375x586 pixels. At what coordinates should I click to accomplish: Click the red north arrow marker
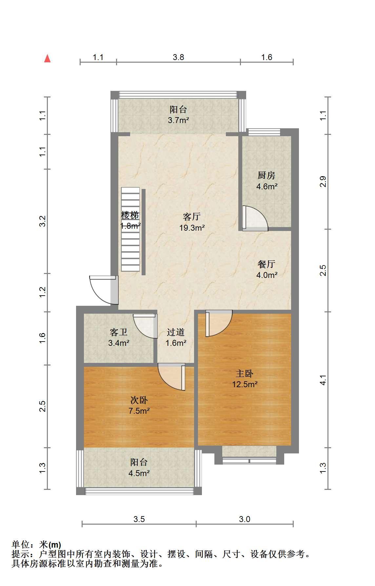pos(48,58)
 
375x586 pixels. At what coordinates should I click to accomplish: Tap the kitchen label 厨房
pos(266,176)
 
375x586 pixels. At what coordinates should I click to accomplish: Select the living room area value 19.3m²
pos(192,227)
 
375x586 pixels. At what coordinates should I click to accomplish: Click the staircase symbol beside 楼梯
pos(131,229)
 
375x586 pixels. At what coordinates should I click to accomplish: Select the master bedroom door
pos(219,323)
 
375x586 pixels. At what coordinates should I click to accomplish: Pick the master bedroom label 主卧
pos(245,373)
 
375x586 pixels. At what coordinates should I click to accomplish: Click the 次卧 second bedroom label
pos(139,400)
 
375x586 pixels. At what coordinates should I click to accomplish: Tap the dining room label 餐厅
pos(266,264)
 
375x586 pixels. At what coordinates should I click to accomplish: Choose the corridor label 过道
pos(176,332)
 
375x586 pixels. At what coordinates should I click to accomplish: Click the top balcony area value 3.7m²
pos(178,120)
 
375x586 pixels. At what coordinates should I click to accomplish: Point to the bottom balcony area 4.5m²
pos(139,473)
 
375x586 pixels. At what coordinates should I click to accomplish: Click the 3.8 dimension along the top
pos(178,57)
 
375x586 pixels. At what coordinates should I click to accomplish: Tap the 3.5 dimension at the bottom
pos(139,519)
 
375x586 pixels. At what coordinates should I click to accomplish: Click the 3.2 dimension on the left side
pos(43,221)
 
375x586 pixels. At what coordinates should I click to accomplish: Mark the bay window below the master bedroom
pos(249,455)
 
